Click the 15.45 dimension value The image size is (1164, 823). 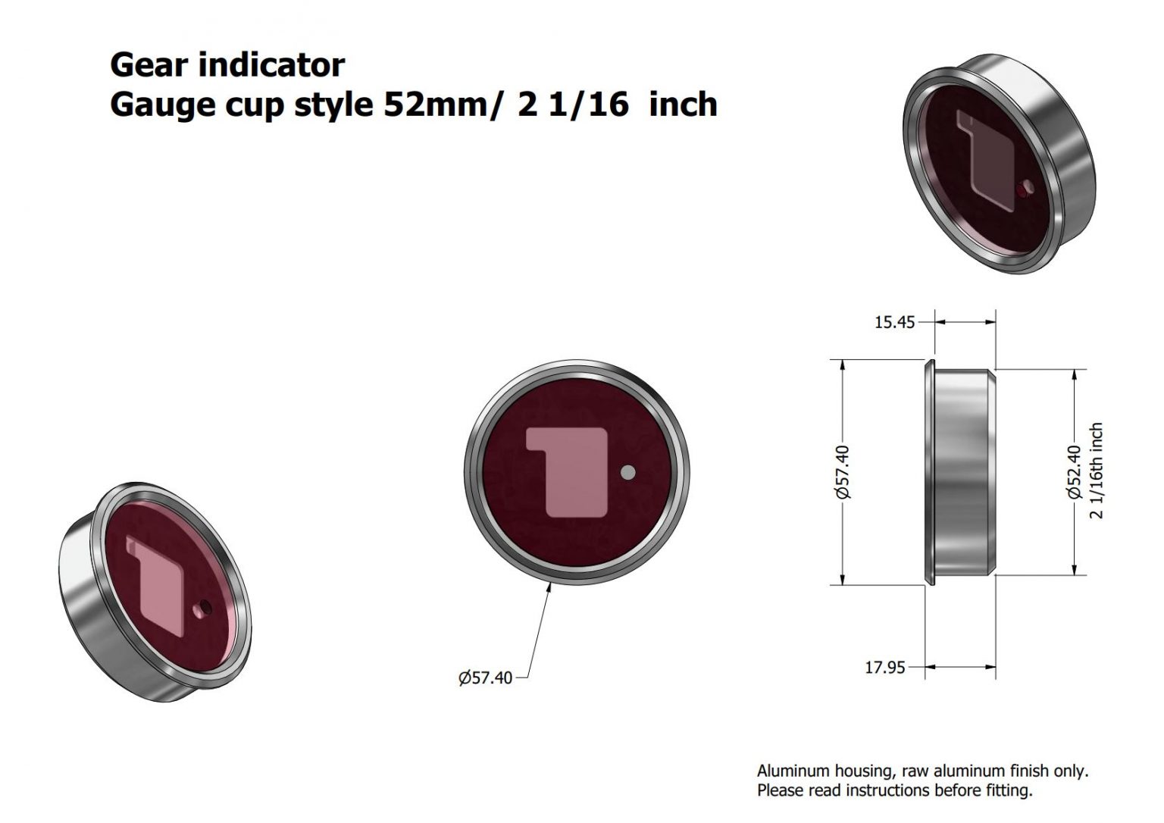point(894,322)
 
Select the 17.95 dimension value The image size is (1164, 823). point(884,668)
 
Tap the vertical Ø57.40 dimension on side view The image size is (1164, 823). point(843,471)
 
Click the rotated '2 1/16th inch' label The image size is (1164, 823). point(1096,471)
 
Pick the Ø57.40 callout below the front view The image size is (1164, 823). point(485,677)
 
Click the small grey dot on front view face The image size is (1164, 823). point(627,473)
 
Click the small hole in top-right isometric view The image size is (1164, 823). point(1026,188)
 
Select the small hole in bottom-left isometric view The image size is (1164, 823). point(202,608)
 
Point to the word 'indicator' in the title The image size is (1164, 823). point(273,65)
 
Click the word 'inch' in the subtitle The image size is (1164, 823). point(684,105)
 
